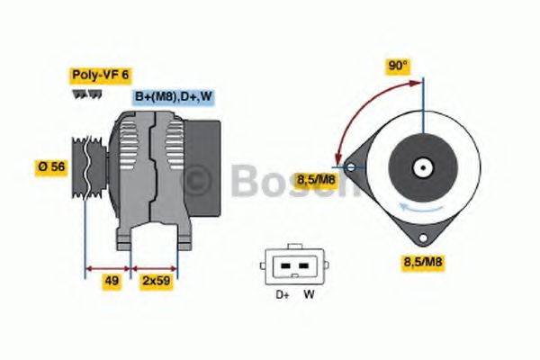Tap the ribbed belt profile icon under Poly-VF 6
86,94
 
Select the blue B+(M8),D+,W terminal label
174,96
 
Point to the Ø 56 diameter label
52,166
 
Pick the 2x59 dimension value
155,281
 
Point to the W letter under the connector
308,293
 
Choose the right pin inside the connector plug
302,265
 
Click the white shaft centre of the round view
420,167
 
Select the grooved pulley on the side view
89,166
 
